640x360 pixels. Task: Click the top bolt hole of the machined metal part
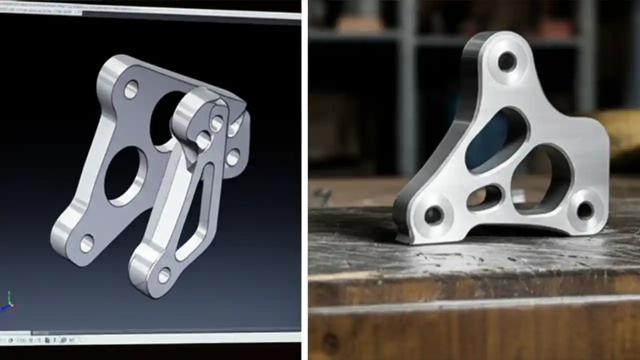(x=506, y=61)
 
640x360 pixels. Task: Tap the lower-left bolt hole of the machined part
(x=433, y=215)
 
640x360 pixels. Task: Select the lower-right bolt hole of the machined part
(x=585, y=210)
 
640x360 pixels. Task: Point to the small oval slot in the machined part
(x=484, y=197)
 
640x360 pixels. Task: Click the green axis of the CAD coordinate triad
(x=8, y=298)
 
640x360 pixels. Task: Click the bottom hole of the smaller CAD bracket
(x=164, y=274)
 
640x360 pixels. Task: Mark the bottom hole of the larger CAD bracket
(x=86, y=243)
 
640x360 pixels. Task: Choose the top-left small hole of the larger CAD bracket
(x=131, y=89)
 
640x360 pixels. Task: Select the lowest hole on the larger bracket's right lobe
(x=232, y=157)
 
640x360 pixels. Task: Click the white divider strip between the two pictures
(x=304, y=180)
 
